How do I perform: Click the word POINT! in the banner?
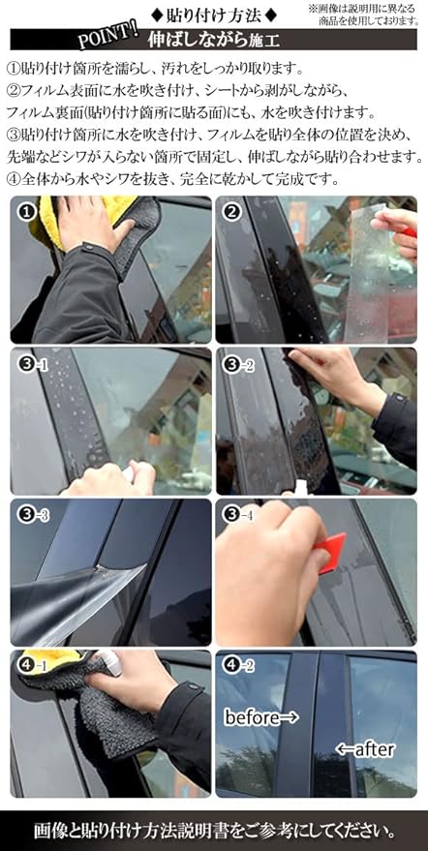click(x=107, y=37)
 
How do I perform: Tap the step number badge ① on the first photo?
click(x=27, y=212)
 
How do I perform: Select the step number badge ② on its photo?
click(x=232, y=212)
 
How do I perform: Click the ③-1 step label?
click(x=33, y=365)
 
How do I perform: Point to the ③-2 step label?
click(x=238, y=365)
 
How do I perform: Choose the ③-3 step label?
click(x=33, y=515)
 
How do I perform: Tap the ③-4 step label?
click(x=238, y=515)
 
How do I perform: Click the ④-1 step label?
click(x=33, y=666)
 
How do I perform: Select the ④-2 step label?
click(x=238, y=666)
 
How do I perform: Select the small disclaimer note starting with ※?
click(x=363, y=15)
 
